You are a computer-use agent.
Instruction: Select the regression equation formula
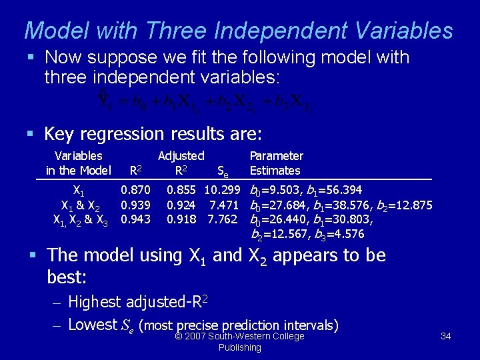pos(203,101)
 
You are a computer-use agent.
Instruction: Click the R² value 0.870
pos(135,191)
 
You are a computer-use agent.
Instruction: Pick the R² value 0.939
pos(135,205)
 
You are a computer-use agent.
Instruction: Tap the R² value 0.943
pos(135,219)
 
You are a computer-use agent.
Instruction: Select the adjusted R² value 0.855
pos(181,191)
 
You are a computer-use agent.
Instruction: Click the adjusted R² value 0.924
pos(181,205)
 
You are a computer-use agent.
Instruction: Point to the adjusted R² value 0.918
pos(181,219)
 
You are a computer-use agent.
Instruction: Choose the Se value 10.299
pos(222,191)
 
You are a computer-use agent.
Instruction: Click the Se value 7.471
pos(224,205)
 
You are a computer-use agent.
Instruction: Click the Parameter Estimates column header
pos(276,163)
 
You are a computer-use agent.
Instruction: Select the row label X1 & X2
pos(80,205)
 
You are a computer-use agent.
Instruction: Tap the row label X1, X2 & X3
pos(80,219)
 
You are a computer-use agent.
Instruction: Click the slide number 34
pos(446,336)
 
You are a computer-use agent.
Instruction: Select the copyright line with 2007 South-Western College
pos(239,336)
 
